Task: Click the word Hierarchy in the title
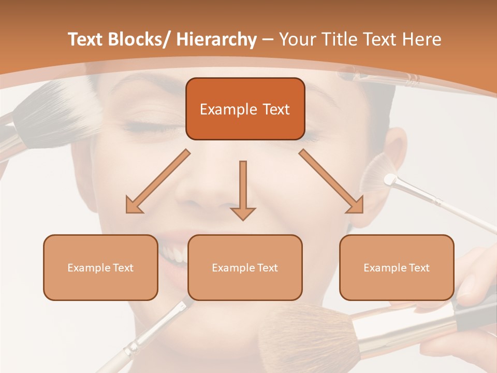click(216, 39)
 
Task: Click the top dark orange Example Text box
click(245, 109)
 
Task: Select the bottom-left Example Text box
click(100, 268)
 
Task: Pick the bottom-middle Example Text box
click(245, 268)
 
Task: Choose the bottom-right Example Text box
click(397, 268)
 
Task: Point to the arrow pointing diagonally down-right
click(332, 181)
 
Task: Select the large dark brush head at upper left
click(57, 111)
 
